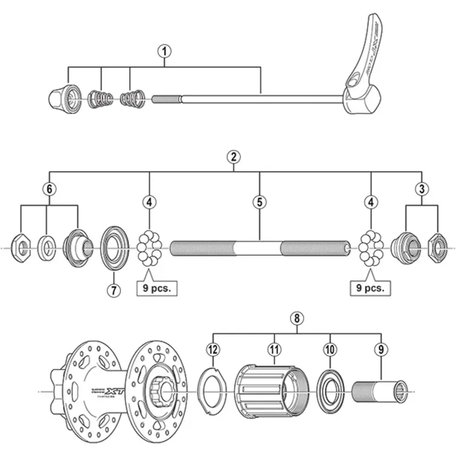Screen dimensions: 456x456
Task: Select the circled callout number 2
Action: [232, 156]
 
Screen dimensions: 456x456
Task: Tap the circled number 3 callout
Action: [421, 189]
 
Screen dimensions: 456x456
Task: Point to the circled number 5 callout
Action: [260, 202]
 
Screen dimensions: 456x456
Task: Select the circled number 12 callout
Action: [213, 349]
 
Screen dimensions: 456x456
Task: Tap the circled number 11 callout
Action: [274, 349]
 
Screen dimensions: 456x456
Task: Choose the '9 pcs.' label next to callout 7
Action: [154, 288]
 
